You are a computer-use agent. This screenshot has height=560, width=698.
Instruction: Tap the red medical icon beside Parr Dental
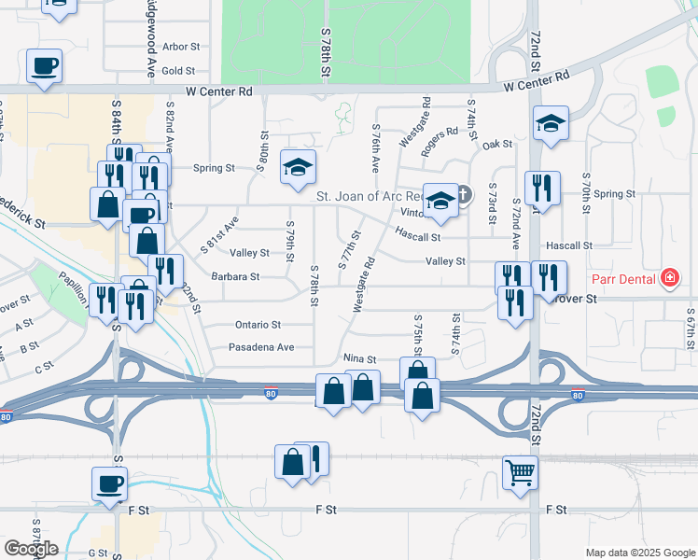pos(668,278)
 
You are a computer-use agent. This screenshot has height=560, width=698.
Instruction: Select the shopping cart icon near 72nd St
pos(520,470)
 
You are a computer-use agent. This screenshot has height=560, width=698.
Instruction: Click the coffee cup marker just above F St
pos(109,483)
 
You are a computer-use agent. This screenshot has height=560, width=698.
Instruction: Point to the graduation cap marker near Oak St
pos(551,122)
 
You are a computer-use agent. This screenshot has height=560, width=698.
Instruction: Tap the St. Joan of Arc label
pos(369,196)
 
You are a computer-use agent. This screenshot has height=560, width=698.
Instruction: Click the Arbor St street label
pos(181,46)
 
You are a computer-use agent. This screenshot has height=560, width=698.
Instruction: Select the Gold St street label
pos(178,70)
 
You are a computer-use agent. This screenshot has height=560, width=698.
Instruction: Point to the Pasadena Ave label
pos(262,347)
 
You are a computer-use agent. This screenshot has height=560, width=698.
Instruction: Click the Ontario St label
pos(257,325)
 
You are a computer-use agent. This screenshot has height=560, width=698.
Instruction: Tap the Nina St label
pos(359,358)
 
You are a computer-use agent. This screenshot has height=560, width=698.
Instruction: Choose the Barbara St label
pos(235,276)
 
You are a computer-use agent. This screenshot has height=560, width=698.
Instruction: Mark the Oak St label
pos(497,145)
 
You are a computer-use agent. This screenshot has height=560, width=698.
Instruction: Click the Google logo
pos(30,548)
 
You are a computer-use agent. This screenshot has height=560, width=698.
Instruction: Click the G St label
pos(98,553)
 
